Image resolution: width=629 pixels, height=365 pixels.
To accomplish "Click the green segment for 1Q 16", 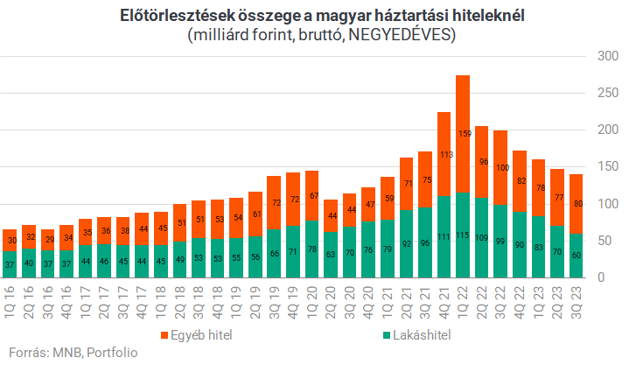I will (10, 263).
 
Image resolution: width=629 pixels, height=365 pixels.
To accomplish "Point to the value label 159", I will (463, 134).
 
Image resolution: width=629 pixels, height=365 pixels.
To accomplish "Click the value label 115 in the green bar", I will (463, 235).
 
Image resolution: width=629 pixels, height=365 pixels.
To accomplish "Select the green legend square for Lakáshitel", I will (388, 335).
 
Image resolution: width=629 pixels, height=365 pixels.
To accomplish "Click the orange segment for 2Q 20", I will (330, 215).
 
